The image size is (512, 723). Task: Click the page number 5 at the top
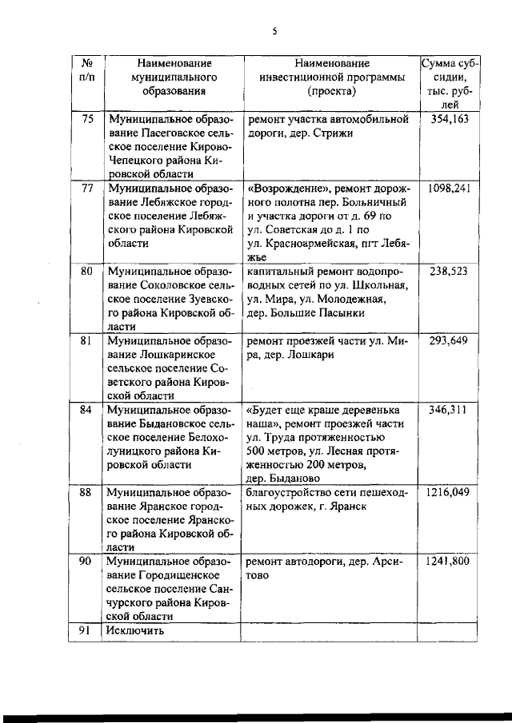pos(274,32)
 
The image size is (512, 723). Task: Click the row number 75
pos(88,120)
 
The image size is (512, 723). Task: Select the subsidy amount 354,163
pos(448,120)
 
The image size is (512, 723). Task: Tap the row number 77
pos(88,189)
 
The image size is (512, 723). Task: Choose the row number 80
pos(88,272)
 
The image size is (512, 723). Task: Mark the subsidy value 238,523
pos(448,272)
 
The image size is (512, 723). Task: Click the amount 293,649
pos(448,341)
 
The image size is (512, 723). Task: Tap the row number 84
pos(88,410)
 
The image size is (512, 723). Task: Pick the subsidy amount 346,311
pos(448,410)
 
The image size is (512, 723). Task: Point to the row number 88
pos(88,493)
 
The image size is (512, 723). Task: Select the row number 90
pos(88,562)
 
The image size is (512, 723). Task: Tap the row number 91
pos(88,631)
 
